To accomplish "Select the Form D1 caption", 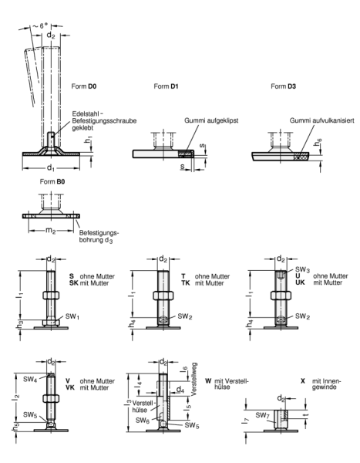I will pos(165,86).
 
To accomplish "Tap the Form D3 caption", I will pos(282,86).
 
